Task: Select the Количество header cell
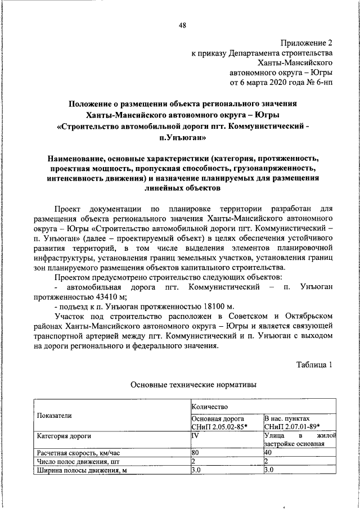tap(209, 405)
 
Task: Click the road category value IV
tap(195, 435)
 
